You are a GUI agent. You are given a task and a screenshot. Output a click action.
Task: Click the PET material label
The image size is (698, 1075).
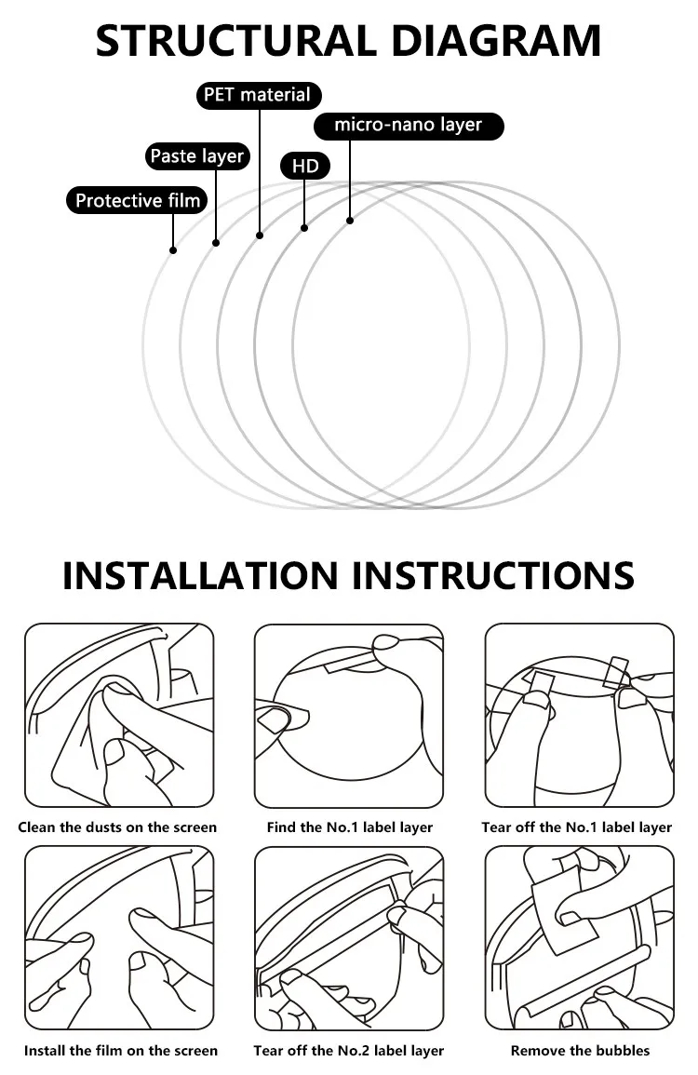(259, 95)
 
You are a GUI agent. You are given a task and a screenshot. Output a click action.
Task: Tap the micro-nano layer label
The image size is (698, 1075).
(409, 126)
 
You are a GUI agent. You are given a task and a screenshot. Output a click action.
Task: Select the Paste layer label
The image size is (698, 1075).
(197, 156)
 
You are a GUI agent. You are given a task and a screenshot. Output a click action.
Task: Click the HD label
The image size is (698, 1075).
(305, 166)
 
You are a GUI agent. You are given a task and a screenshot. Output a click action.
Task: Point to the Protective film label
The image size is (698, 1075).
(137, 200)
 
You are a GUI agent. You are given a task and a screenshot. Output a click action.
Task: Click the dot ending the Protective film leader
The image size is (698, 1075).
(173, 250)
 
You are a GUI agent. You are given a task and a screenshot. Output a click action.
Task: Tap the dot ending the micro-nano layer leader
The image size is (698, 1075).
(350, 220)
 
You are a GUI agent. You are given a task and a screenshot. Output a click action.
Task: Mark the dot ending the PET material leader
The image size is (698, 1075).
(260, 235)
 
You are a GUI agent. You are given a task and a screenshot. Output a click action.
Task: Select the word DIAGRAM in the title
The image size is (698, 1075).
(499, 40)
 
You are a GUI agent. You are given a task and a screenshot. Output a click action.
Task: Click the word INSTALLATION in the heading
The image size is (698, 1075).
(200, 575)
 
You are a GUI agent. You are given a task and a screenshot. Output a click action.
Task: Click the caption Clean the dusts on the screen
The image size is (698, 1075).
(117, 827)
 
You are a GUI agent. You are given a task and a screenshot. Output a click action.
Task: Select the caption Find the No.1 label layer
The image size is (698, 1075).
(350, 827)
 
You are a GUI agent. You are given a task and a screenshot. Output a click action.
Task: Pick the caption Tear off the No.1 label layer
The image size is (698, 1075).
(577, 827)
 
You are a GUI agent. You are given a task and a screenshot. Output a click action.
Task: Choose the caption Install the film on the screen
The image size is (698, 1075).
(121, 1050)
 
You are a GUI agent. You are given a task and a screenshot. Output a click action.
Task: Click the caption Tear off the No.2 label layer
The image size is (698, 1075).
(348, 1050)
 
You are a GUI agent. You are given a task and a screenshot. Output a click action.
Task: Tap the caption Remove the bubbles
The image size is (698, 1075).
(580, 1050)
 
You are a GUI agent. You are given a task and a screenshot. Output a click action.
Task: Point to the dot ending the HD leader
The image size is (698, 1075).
(304, 227)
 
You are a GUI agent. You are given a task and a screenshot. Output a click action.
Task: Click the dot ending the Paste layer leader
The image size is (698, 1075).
(216, 243)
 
